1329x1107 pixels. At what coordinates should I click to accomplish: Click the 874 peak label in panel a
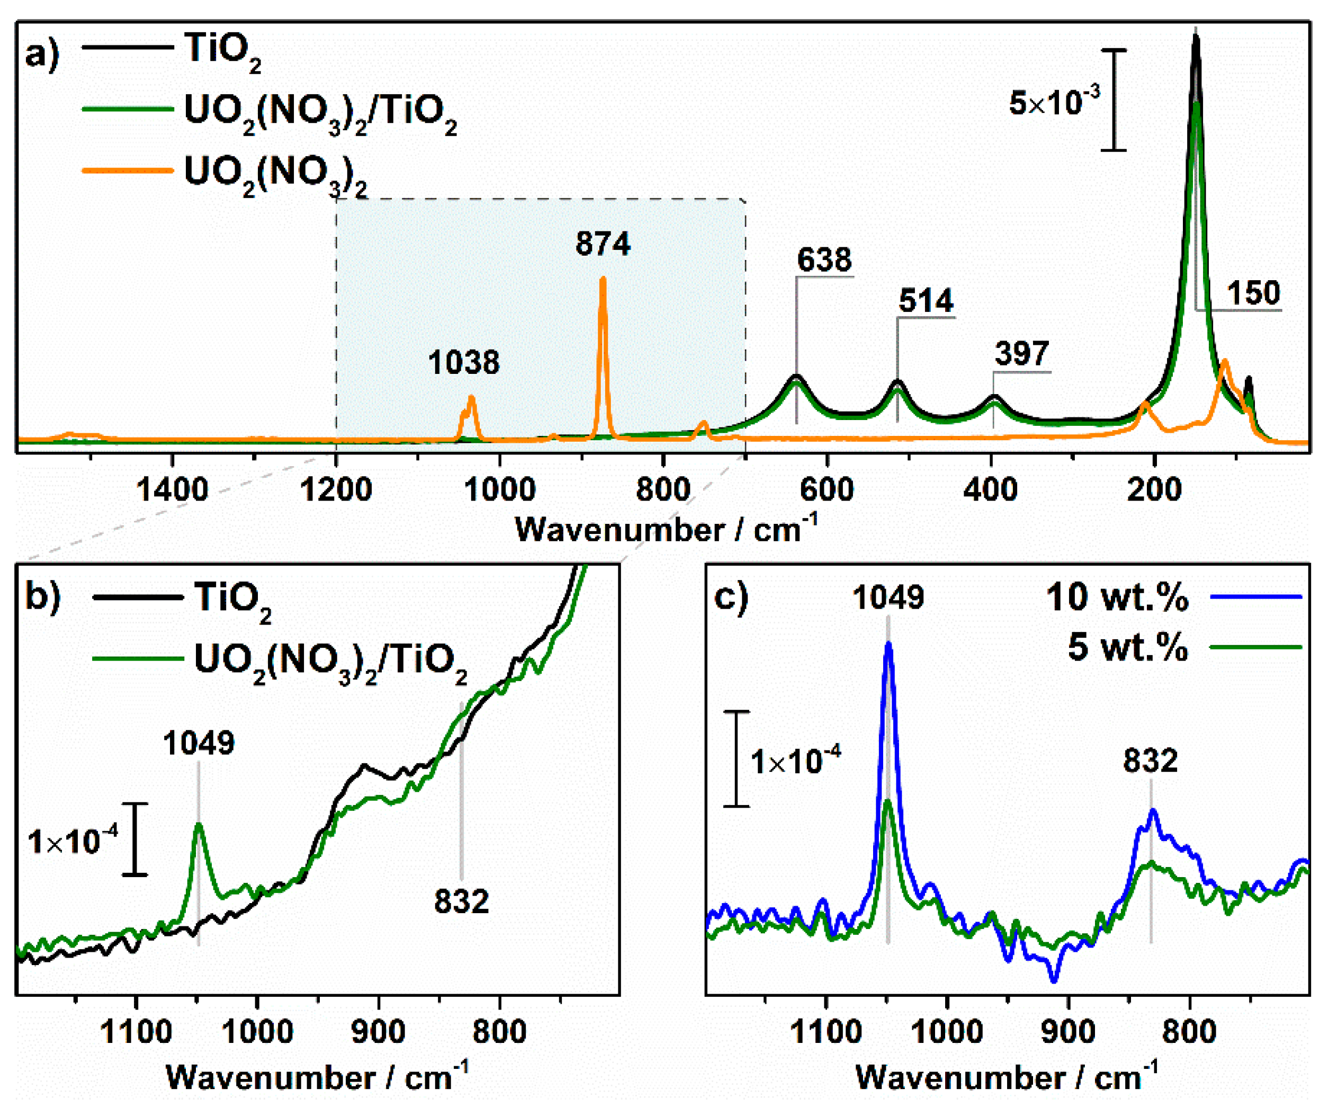(603, 244)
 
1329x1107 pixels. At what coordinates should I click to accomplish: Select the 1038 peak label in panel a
(463, 363)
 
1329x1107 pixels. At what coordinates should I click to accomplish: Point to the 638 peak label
(824, 260)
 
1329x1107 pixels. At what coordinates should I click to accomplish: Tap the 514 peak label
(925, 301)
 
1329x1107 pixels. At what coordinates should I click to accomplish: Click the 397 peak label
(1021, 353)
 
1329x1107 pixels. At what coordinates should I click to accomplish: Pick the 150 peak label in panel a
(1253, 293)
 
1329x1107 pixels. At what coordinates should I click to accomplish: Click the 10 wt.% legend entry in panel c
(1117, 597)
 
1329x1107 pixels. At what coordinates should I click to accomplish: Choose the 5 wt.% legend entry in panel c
(1128, 647)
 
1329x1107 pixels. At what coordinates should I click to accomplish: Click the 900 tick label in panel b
(379, 1032)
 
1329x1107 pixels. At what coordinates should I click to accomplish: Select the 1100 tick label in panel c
(826, 1032)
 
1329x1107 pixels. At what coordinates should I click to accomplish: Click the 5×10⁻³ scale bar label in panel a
(1054, 101)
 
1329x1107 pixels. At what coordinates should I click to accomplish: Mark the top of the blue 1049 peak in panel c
(888, 644)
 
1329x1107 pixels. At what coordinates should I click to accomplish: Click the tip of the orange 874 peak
(603, 279)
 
